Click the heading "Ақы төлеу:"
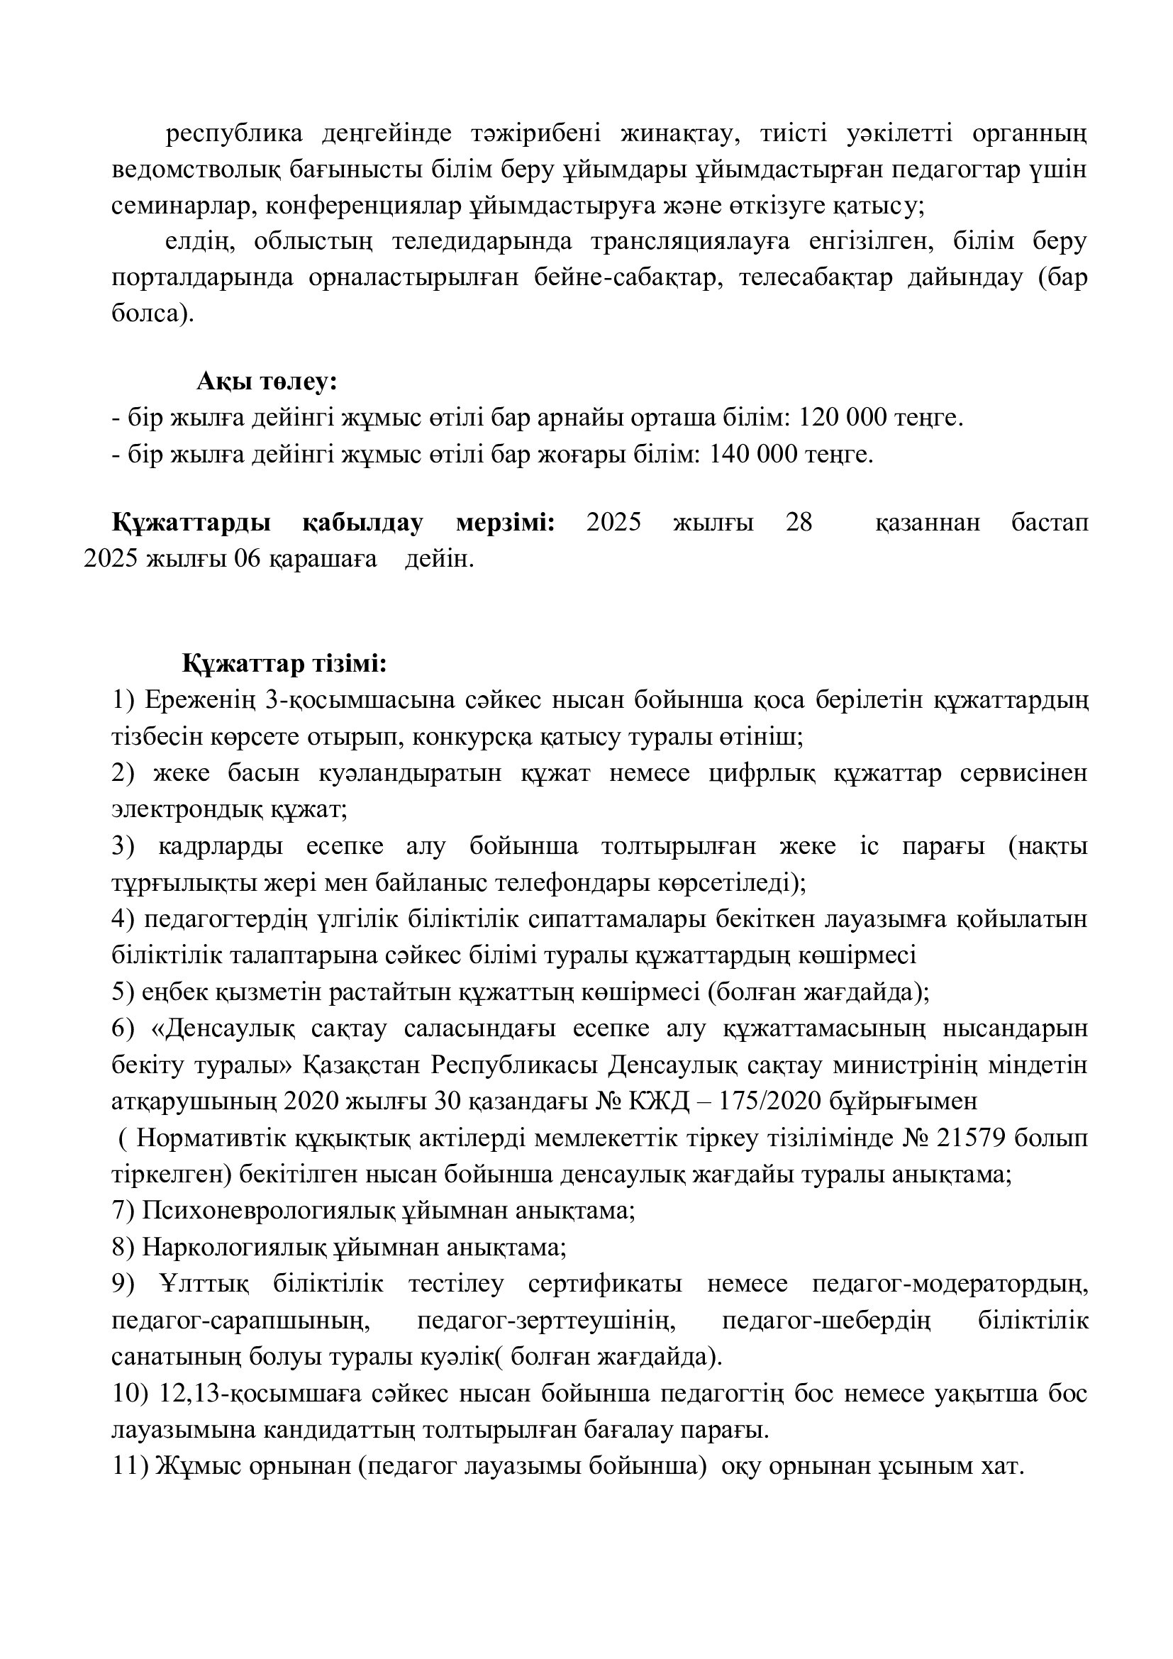pos(267,382)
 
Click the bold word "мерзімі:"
pos(506,523)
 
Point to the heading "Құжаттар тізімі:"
pos(284,663)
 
